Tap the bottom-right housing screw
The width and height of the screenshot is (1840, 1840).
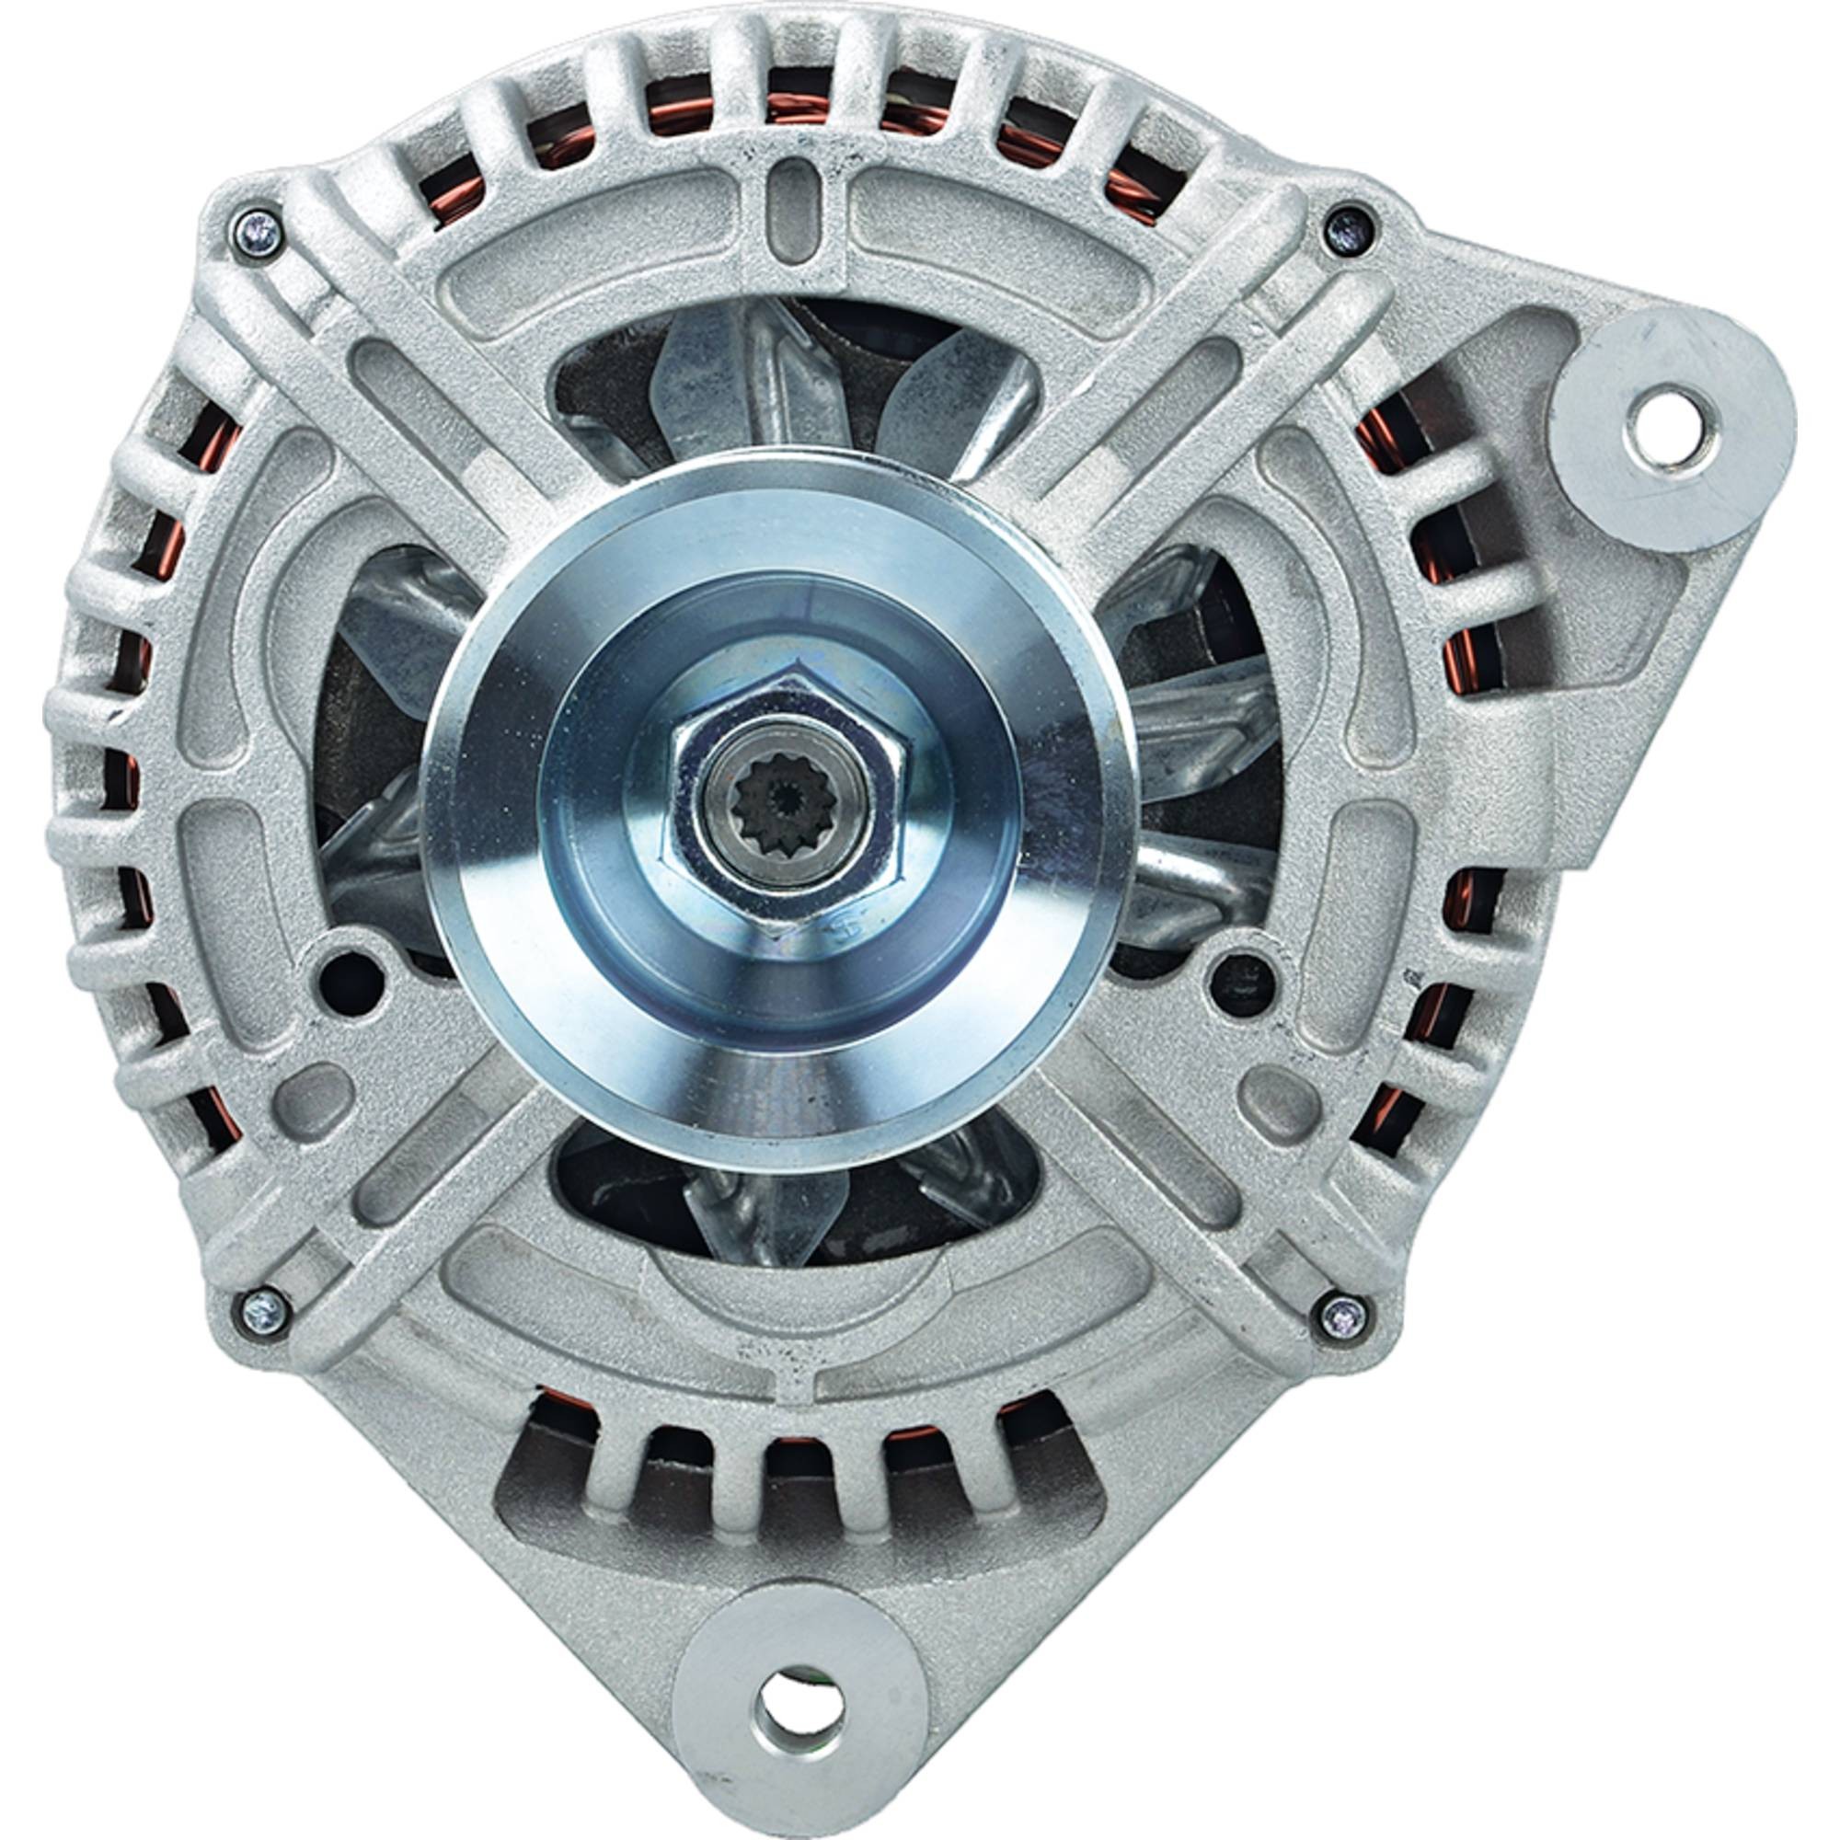[1343, 1317]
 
